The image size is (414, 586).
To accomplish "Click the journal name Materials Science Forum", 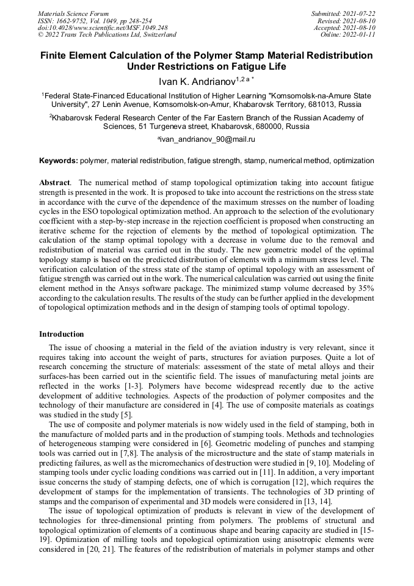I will [73, 13].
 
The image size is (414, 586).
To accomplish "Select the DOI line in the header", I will [103, 27].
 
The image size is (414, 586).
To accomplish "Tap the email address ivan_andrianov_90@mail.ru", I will [207, 139].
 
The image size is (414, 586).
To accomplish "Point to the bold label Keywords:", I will [58, 161].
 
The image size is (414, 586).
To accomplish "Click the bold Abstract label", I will [54, 183].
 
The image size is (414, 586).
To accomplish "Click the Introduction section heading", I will [62, 334].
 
